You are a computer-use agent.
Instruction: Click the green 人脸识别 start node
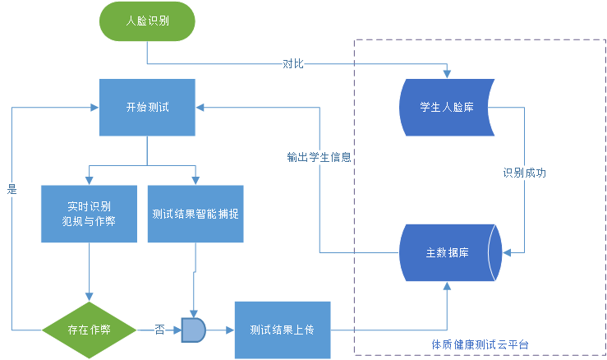[147, 22]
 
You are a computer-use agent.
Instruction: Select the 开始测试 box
[147, 107]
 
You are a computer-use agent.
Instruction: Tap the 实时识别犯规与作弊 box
[89, 214]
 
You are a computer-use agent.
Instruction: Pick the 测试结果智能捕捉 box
[195, 214]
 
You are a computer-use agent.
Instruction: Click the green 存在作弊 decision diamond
[89, 330]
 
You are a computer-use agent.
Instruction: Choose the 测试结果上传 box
[281, 330]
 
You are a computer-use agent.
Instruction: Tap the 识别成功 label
[525, 173]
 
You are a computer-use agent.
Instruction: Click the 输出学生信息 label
[320, 157]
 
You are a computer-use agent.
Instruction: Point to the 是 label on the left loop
[11, 188]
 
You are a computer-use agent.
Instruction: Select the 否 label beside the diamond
[159, 330]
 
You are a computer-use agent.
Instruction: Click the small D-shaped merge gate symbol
[193, 330]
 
